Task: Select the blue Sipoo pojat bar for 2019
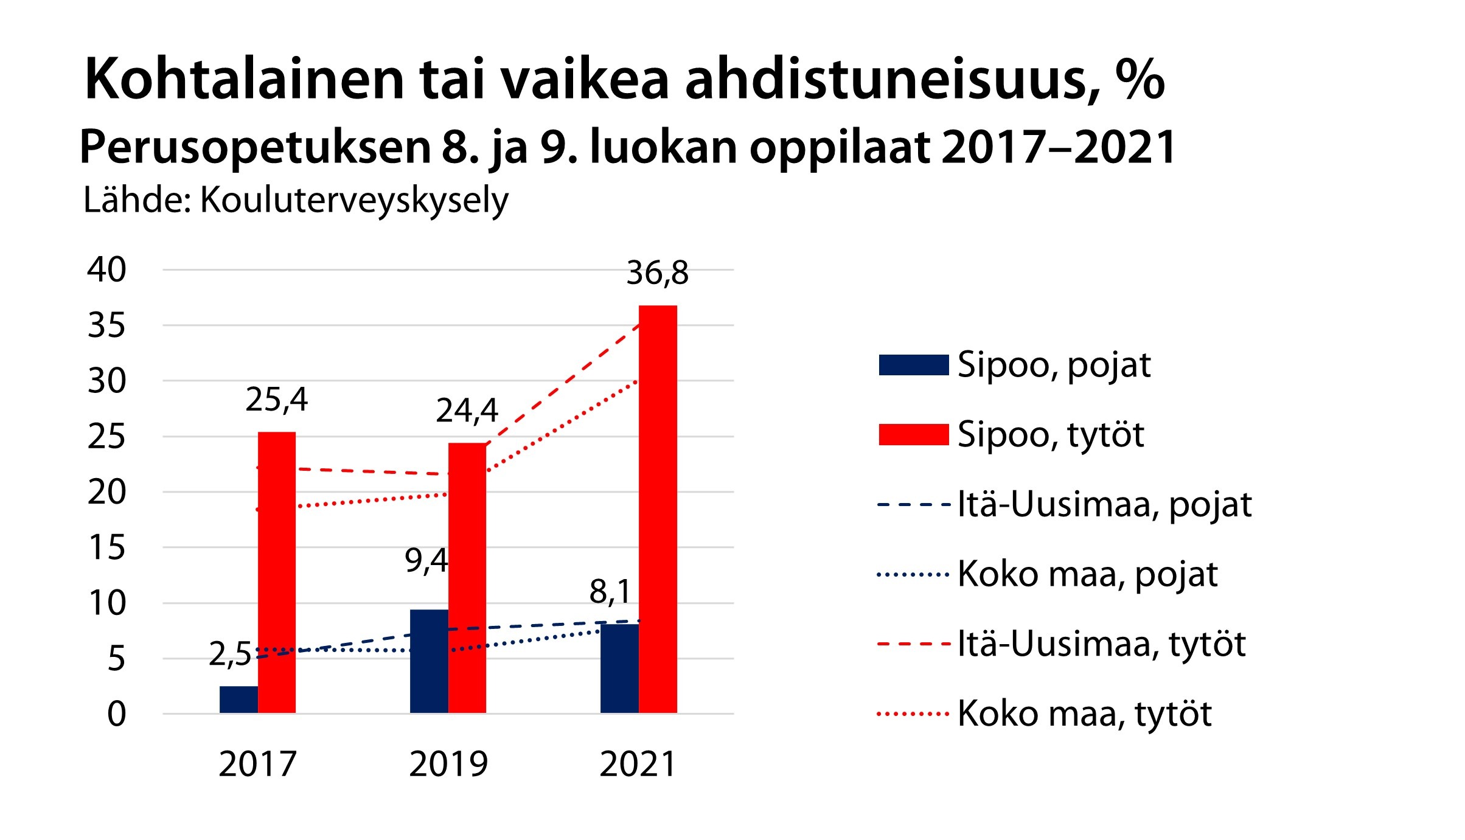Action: pos(429,661)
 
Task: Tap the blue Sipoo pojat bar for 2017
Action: pos(238,699)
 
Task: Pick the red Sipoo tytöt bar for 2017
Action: pos(277,572)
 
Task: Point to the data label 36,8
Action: pos(658,273)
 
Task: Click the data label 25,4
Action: pos(277,400)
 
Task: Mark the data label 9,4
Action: pos(426,560)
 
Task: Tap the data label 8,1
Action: pos(610,591)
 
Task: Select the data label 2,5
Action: pos(230,654)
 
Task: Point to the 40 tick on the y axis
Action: pos(107,269)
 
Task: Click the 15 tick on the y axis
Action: pos(107,547)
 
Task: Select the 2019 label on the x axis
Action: pos(448,765)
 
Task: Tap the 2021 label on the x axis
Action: pos(638,765)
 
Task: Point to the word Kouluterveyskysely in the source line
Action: pos(354,200)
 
